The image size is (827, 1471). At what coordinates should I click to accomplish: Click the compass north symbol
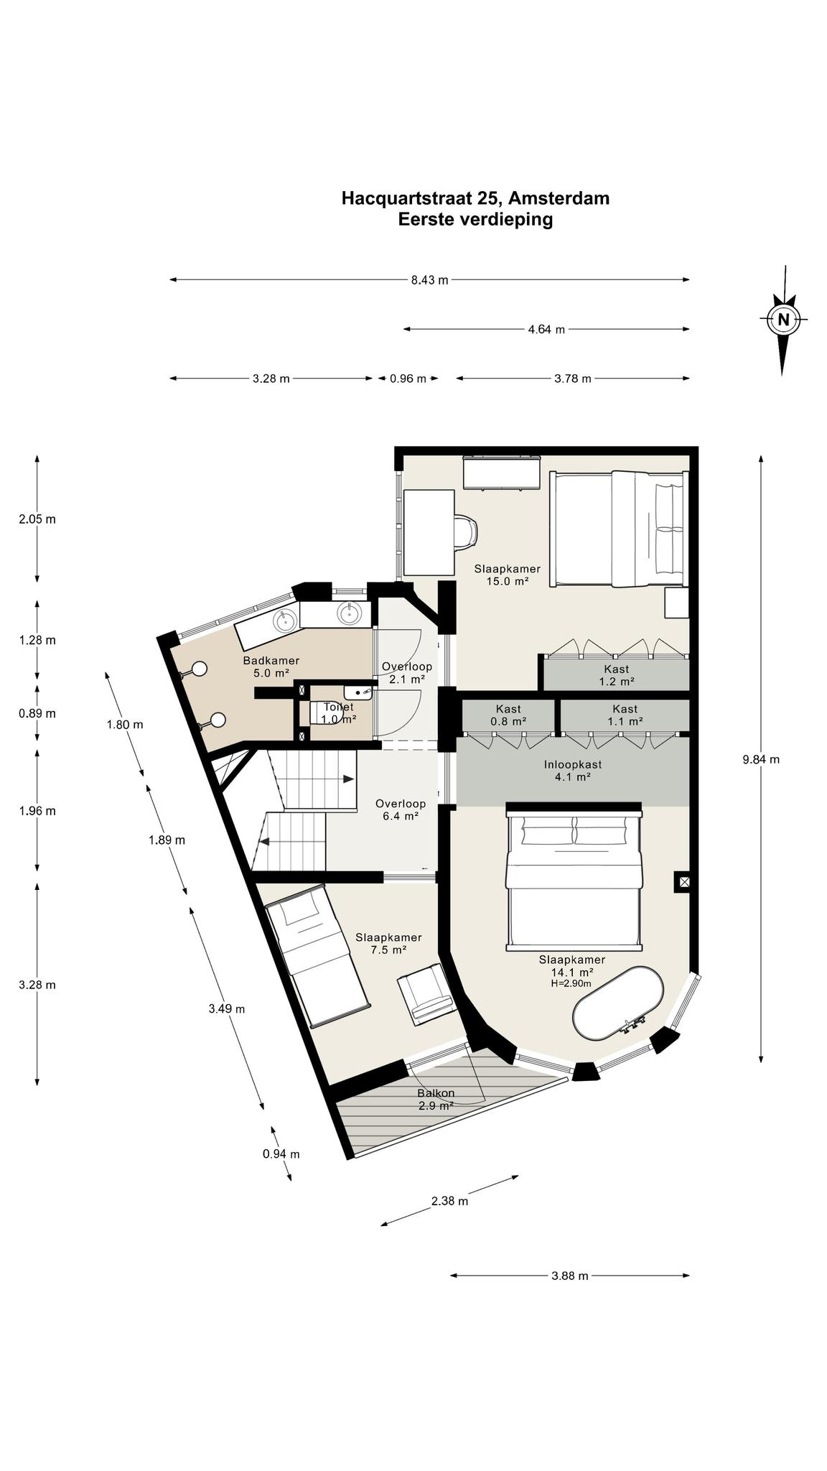click(x=783, y=320)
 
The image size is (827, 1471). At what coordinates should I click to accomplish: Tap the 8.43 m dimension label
click(x=429, y=280)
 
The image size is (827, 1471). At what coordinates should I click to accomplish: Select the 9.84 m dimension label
click(x=761, y=759)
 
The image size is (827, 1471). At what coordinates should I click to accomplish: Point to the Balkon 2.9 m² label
click(x=436, y=1100)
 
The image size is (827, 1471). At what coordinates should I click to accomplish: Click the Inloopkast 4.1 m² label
click(x=572, y=771)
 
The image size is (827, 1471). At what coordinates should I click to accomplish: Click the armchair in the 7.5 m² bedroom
click(x=426, y=993)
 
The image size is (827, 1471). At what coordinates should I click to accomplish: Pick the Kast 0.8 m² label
click(x=508, y=715)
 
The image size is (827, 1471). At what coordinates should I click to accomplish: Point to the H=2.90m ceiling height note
click(x=571, y=983)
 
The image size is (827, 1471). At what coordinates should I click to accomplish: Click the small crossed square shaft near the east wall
click(x=683, y=881)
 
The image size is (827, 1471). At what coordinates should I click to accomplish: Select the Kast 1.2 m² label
click(x=617, y=675)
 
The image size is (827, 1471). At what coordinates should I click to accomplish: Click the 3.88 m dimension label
click(x=569, y=1276)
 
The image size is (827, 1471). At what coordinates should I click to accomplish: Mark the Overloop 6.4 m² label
click(x=401, y=809)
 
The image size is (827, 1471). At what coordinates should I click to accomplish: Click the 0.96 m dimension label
click(x=408, y=379)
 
